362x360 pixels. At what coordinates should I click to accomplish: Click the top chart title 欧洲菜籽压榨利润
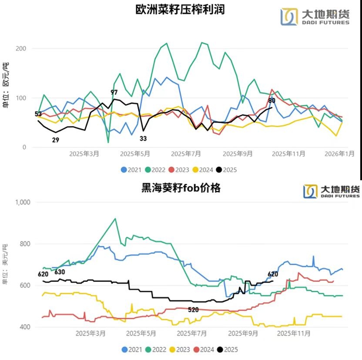click(180, 10)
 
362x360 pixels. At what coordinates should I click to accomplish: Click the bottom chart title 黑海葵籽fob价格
click(181, 188)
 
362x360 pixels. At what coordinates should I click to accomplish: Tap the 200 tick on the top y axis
click(21, 48)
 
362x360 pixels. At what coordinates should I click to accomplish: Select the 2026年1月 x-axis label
click(339, 154)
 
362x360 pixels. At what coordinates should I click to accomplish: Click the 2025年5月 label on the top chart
click(135, 154)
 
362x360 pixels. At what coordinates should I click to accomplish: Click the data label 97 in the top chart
click(114, 92)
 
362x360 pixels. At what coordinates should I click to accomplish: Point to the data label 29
click(55, 140)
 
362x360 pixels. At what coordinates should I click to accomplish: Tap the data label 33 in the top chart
click(144, 138)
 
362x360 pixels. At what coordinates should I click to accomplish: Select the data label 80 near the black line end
click(272, 101)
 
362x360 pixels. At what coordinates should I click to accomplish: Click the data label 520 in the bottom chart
click(194, 310)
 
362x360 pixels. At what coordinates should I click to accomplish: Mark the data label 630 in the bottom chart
click(60, 272)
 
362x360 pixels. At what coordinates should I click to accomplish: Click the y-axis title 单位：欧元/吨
click(6, 87)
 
